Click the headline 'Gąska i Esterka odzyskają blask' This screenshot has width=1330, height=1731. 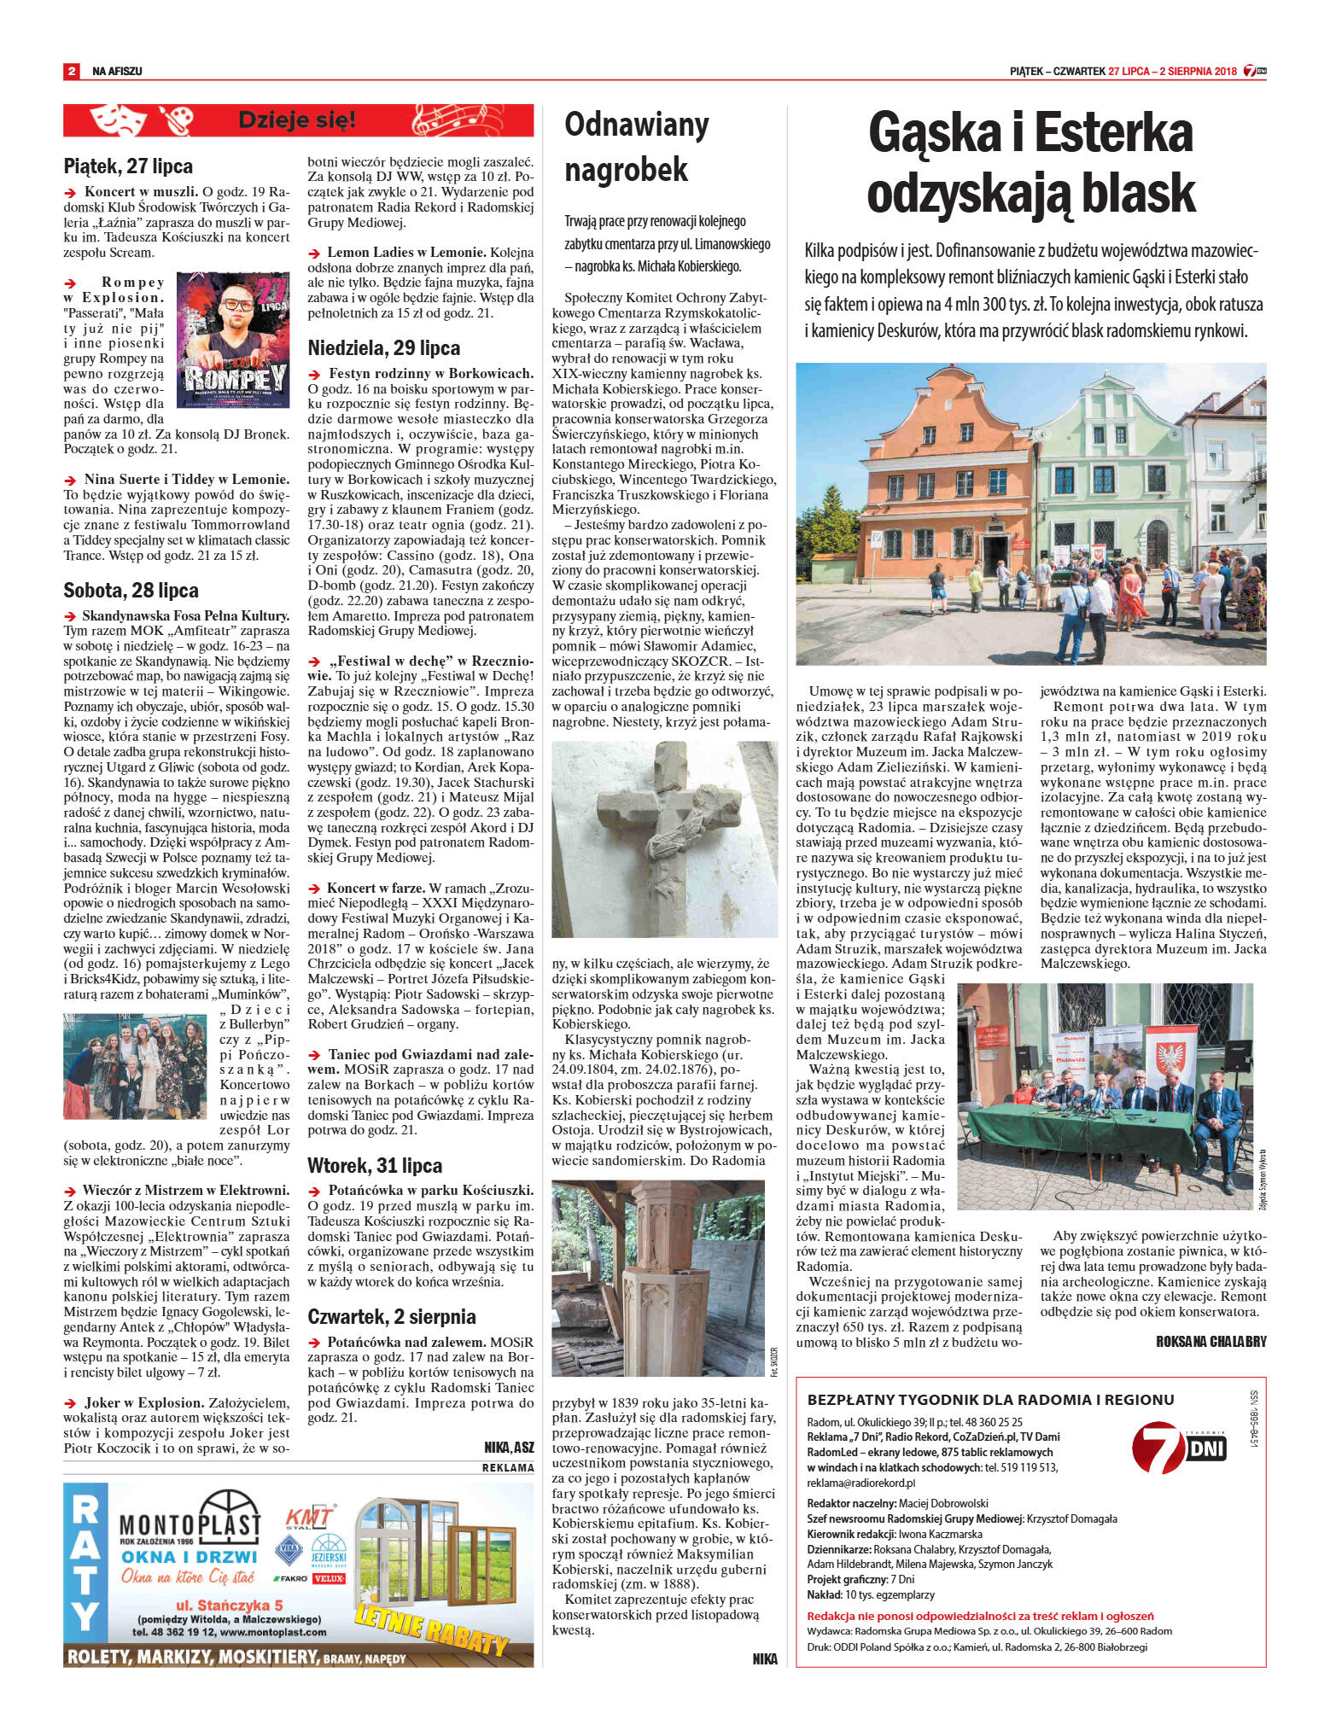[x=1030, y=163]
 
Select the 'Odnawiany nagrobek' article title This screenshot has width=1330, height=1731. [x=637, y=146]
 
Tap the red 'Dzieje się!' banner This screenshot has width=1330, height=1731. [x=298, y=120]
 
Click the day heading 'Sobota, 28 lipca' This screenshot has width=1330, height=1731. [x=131, y=590]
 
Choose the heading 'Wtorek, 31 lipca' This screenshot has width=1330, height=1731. [x=375, y=1165]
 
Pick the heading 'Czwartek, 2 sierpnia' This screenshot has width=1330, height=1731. [x=391, y=1316]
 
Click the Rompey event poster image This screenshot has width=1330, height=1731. [x=232, y=340]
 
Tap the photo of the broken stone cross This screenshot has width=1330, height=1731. [x=664, y=839]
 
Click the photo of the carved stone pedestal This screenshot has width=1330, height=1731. [x=658, y=1278]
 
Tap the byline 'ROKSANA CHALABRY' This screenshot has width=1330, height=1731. [x=1210, y=1341]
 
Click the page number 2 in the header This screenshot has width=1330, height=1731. [x=72, y=71]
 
